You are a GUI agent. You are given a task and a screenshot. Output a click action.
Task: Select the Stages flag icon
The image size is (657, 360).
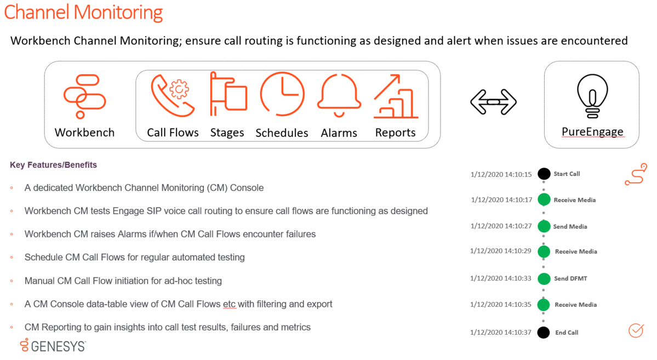click(227, 94)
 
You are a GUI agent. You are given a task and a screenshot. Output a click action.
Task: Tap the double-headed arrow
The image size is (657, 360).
click(493, 102)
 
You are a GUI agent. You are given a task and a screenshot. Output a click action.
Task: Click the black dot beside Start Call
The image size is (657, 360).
click(544, 174)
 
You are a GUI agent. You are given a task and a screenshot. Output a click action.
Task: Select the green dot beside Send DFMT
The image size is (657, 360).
click(544, 279)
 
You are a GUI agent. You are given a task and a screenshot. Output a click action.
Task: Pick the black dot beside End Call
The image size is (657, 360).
click(544, 333)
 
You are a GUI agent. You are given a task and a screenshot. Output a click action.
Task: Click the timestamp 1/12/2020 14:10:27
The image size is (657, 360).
click(501, 226)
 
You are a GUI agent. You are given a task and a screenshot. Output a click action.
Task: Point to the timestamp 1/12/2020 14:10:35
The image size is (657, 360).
click(501, 305)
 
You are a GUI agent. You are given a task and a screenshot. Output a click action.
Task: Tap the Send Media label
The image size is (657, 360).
click(570, 227)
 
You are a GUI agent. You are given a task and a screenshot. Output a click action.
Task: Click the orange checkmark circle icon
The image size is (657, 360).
click(636, 330)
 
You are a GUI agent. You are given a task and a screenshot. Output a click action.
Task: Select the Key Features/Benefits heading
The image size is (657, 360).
click(53, 165)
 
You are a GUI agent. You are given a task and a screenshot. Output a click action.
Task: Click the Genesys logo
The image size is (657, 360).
click(53, 345)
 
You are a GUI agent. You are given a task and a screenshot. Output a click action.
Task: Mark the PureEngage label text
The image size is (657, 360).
click(592, 132)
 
